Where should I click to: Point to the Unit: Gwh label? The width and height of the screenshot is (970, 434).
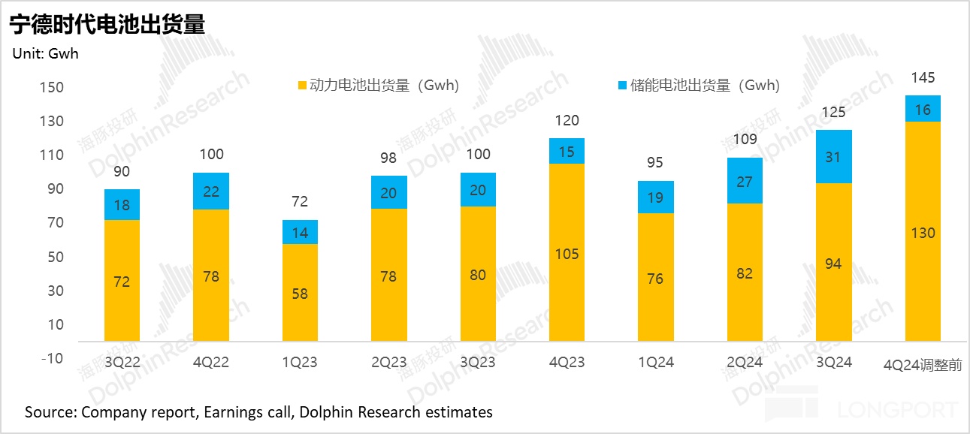click(x=45, y=53)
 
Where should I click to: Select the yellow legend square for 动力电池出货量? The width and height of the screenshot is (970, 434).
click(x=302, y=86)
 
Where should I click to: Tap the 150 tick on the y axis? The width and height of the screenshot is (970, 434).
click(x=51, y=88)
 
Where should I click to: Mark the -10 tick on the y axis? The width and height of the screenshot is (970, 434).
click(x=51, y=358)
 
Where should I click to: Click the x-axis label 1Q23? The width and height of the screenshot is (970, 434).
click(x=299, y=363)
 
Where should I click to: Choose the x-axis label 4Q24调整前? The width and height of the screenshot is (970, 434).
click(x=923, y=365)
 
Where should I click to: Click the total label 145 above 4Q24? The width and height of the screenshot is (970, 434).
click(x=923, y=78)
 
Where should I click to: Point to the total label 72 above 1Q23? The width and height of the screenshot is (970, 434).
click(x=299, y=202)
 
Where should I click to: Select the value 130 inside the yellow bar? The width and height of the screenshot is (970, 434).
click(x=923, y=234)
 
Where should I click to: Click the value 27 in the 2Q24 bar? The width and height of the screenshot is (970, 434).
click(x=745, y=181)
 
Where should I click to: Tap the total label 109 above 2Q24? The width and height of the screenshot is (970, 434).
click(x=745, y=139)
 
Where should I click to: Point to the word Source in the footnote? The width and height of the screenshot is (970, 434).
click(x=48, y=412)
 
